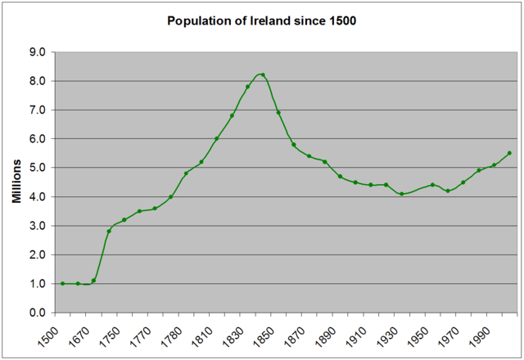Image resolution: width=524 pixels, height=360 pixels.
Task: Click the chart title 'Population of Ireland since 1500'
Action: (x=262, y=20)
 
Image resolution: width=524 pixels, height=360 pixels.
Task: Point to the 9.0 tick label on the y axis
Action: (x=35, y=52)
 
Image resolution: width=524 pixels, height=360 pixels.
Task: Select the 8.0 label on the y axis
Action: (x=35, y=81)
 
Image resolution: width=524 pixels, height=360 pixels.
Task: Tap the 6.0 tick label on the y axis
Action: (x=35, y=139)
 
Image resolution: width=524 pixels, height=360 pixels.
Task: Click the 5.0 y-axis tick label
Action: (x=35, y=168)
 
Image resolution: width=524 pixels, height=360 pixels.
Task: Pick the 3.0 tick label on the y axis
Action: (x=35, y=226)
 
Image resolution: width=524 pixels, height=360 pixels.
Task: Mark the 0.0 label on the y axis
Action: (x=35, y=313)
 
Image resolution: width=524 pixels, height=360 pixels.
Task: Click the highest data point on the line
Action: (x=263, y=74)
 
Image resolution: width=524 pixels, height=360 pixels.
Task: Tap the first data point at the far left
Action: (x=63, y=284)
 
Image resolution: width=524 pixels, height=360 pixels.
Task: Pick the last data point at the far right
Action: (x=509, y=153)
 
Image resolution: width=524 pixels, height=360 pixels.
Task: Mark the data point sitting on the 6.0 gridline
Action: (x=216, y=139)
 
